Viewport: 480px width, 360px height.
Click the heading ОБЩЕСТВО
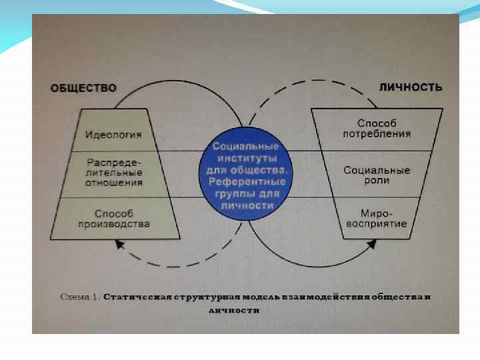(83, 88)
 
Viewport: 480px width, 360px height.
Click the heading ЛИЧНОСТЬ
(411, 87)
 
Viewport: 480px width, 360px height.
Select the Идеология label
(114, 135)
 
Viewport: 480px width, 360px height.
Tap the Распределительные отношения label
(114, 171)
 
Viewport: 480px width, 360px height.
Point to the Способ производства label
(114, 219)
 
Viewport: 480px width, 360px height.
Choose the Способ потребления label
(377, 129)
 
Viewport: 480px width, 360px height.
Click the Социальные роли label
(377, 175)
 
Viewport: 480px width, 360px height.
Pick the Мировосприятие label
(377, 219)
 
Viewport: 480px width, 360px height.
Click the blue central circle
(246, 175)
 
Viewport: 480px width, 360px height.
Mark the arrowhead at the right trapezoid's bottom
(371, 245)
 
